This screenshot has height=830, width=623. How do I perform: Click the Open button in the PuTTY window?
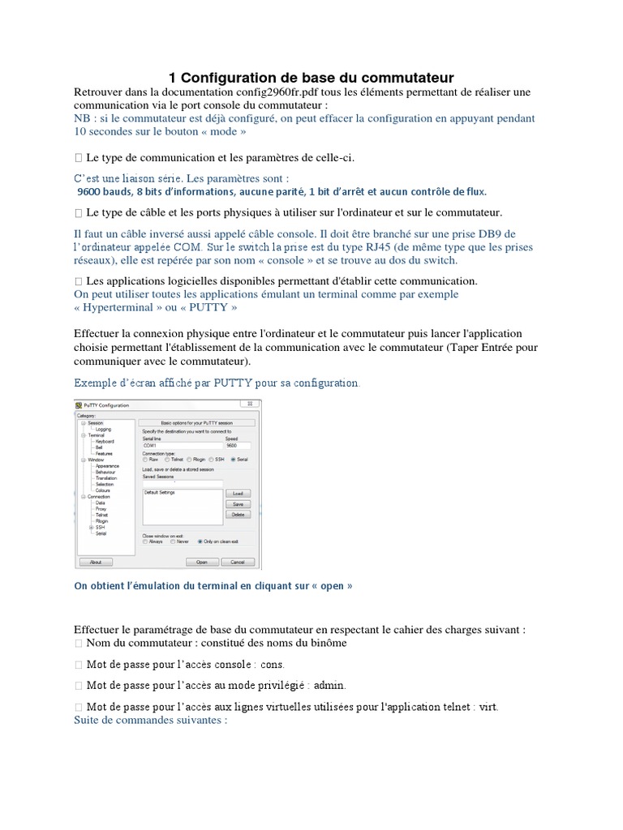[x=202, y=561]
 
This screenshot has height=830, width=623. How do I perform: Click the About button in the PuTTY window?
[x=95, y=561]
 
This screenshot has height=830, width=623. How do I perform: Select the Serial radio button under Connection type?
[x=233, y=460]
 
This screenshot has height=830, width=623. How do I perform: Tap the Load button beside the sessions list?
[x=238, y=493]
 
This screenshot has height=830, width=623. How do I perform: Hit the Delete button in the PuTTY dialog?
[x=238, y=514]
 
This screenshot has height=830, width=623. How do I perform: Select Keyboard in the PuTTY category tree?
[x=105, y=440]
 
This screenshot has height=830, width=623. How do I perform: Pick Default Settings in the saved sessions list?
[x=160, y=492]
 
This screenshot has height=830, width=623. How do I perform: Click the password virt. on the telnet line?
[x=488, y=707]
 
